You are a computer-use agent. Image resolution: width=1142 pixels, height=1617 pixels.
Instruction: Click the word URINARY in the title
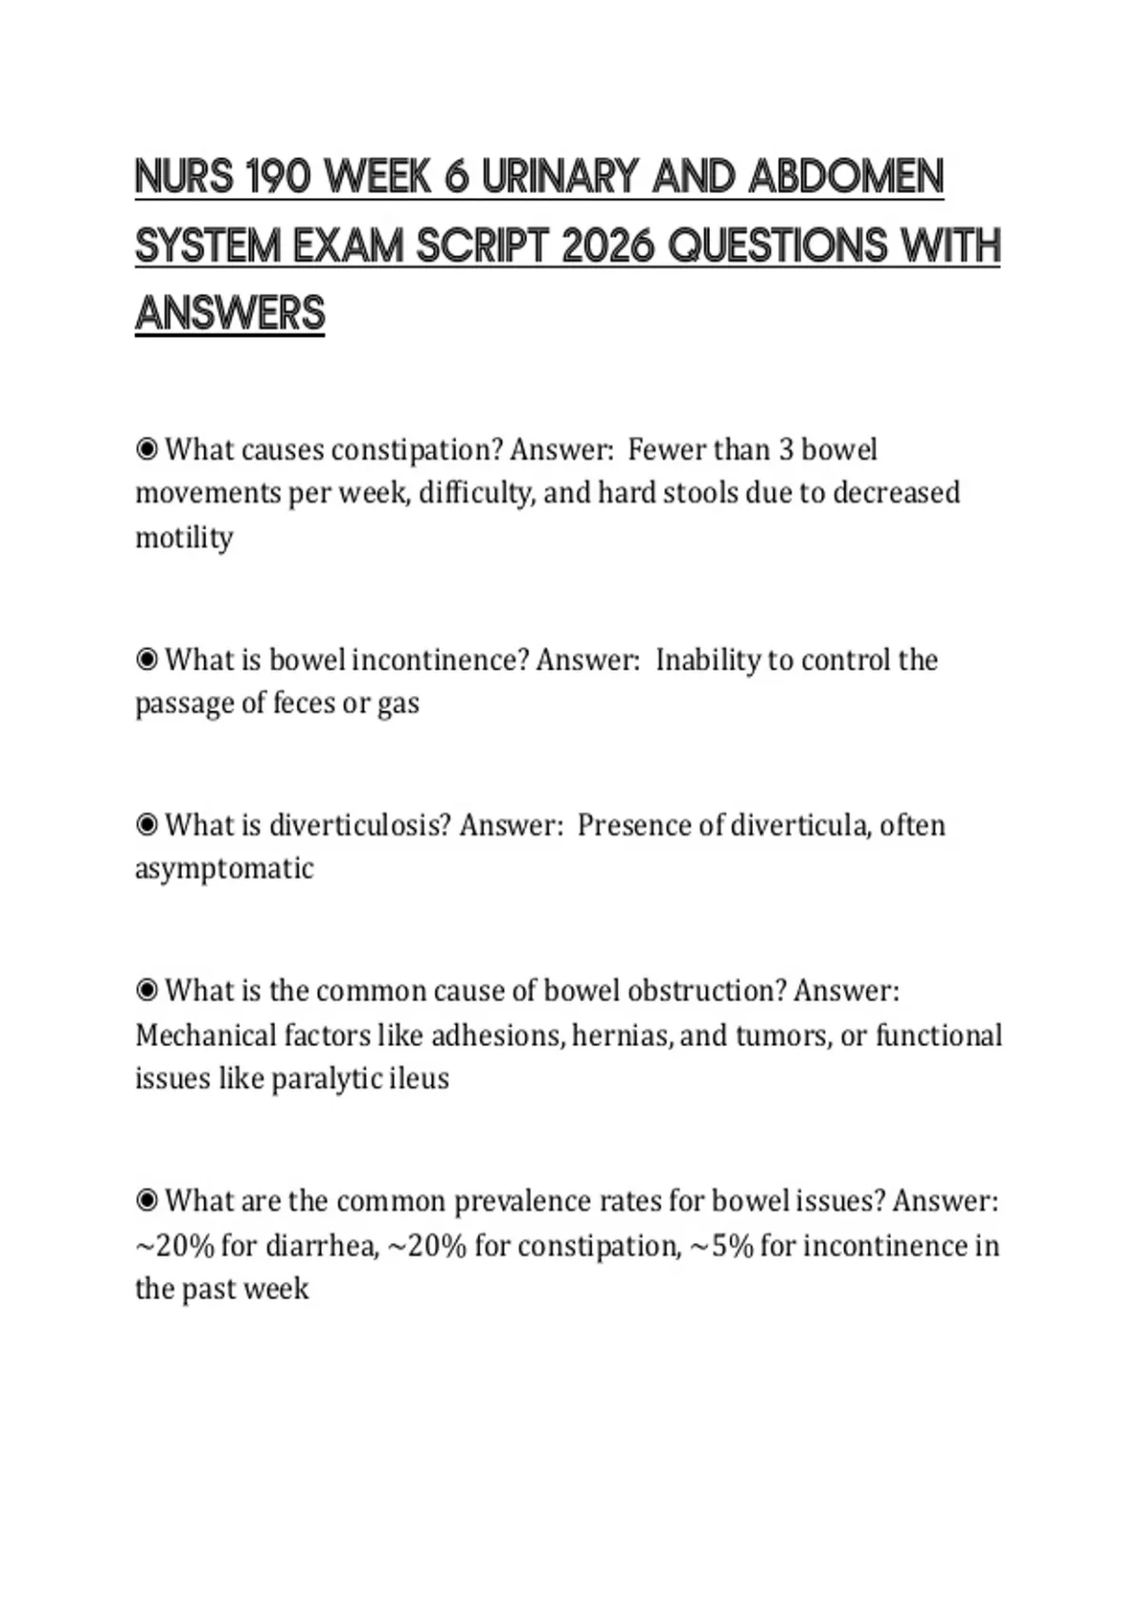click(561, 177)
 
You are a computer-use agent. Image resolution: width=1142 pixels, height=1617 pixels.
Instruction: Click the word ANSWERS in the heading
click(230, 314)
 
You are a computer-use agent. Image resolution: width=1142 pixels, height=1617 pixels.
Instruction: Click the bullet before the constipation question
click(147, 449)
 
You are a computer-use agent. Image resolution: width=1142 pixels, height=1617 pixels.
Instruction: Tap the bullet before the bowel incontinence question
click(147, 659)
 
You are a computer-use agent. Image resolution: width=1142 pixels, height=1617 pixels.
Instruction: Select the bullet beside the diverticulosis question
click(147, 825)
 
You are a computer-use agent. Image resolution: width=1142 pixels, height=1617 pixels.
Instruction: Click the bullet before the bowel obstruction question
click(147, 990)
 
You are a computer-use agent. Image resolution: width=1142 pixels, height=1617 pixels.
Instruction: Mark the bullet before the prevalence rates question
click(147, 1200)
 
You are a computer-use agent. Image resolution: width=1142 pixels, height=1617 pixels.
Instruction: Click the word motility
click(184, 537)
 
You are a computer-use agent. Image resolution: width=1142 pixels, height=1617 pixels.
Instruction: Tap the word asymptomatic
click(224, 868)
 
